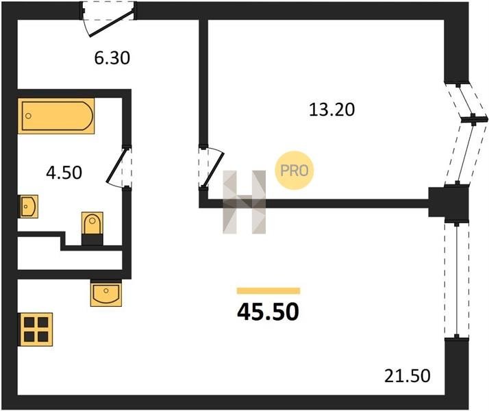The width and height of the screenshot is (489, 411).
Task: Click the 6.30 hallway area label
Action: click(112, 58)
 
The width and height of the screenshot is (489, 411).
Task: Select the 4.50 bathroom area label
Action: click(63, 172)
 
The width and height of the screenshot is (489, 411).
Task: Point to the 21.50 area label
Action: click(407, 375)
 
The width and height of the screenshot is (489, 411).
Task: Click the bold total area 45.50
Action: click(268, 312)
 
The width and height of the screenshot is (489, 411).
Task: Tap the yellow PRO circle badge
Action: click(294, 171)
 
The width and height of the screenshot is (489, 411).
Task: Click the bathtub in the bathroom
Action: click(56, 117)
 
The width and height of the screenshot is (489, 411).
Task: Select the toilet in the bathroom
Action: click(92, 227)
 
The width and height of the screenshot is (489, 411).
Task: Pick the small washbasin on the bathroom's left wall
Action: click(28, 205)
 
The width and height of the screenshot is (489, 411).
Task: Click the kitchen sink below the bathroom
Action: click(105, 294)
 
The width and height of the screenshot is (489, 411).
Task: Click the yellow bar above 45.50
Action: click(268, 290)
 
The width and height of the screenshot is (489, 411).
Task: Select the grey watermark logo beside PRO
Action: click(244, 202)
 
